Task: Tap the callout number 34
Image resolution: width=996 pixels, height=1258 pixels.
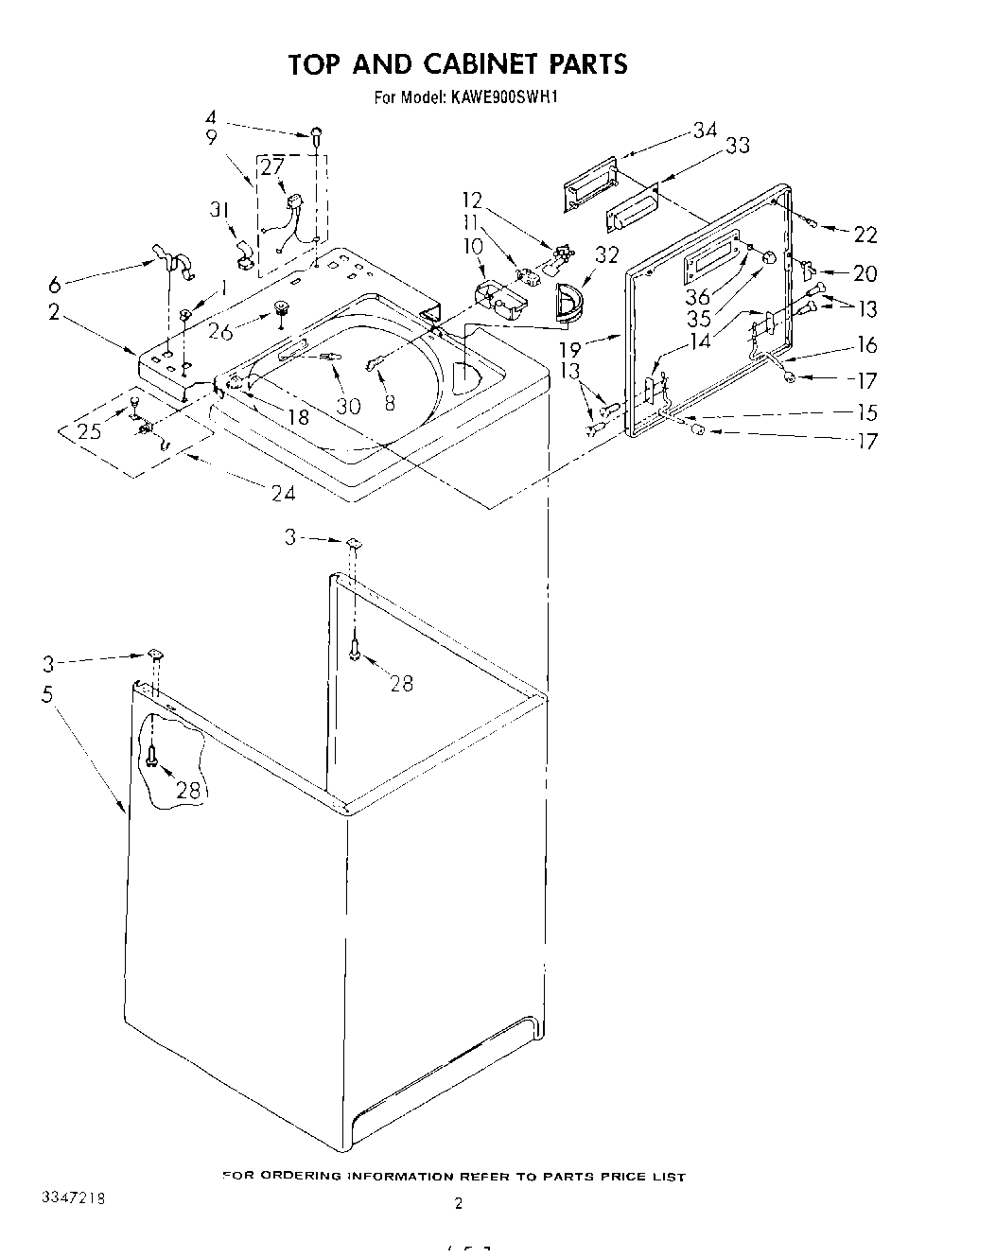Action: [x=706, y=131]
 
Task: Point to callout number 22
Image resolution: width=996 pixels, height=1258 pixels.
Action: [x=865, y=235]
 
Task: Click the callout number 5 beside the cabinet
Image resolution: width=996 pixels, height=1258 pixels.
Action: [x=47, y=693]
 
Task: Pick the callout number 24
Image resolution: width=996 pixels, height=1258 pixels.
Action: [x=282, y=492]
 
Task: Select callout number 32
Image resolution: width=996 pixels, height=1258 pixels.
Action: [x=606, y=254]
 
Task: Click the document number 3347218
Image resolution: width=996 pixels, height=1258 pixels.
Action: [x=72, y=1198]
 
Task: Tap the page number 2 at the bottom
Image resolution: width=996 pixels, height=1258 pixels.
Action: [x=459, y=1204]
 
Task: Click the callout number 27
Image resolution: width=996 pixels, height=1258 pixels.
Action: [x=271, y=167]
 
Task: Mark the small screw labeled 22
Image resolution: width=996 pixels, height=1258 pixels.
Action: [x=813, y=220]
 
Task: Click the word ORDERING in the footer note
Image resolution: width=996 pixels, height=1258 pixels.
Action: [x=292, y=1176]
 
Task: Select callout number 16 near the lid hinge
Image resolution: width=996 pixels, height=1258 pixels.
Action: [x=866, y=344]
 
